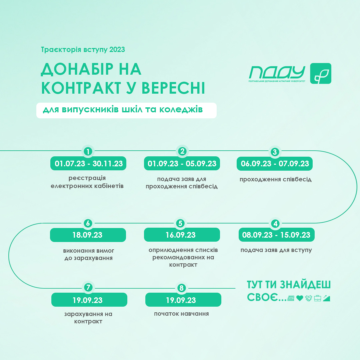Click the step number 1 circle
88,152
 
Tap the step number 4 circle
275,224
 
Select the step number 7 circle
88,287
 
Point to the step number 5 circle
180,223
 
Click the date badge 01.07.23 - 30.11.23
88,163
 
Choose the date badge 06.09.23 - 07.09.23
275,163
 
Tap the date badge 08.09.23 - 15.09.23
276,235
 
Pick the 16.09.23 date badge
182,235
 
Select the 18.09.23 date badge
88,235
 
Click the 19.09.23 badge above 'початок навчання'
183,300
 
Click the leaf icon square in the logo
321,73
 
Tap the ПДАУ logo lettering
277,73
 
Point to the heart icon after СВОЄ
300,298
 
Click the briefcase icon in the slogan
318,298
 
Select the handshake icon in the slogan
309,298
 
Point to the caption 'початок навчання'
181,314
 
